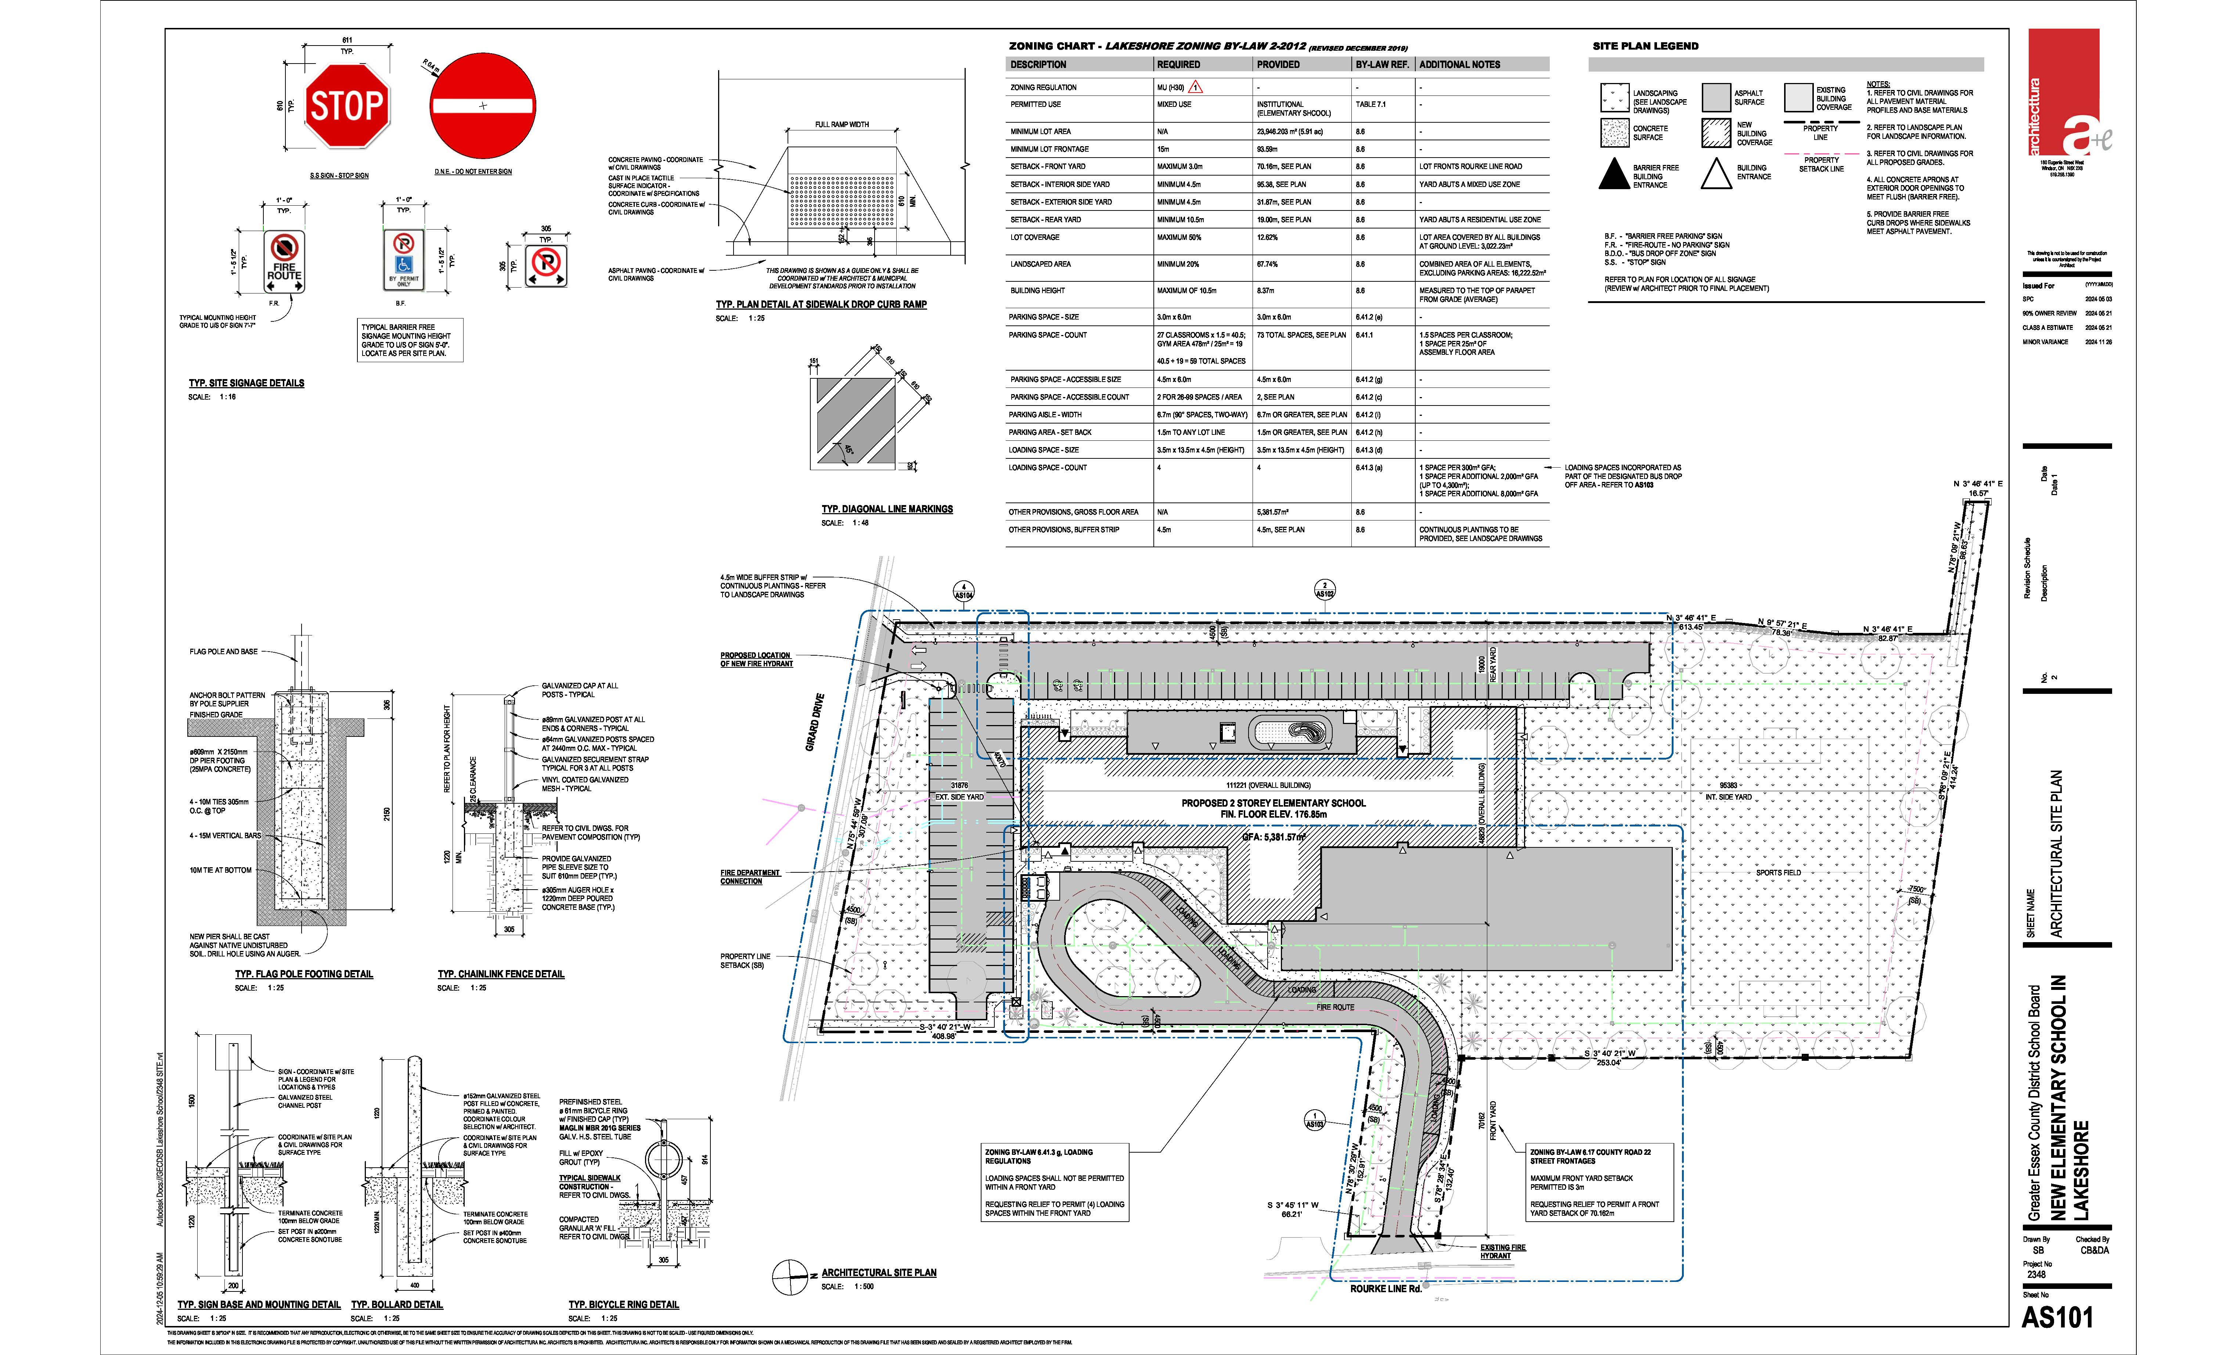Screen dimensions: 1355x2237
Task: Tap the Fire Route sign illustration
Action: (x=284, y=262)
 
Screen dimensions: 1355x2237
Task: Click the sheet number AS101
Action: (x=2057, y=1317)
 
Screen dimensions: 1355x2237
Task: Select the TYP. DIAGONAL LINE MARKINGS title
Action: (x=887, y=509)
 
